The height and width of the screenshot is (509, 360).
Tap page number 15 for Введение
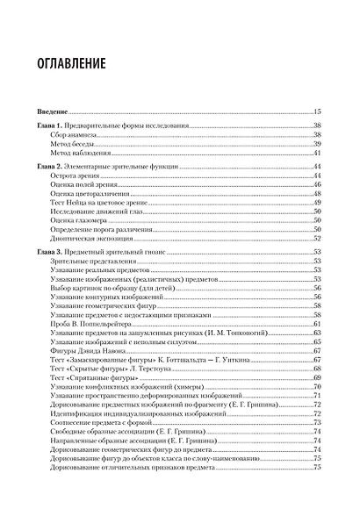click(318, 111)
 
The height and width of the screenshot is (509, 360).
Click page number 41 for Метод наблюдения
click(318, 154)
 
